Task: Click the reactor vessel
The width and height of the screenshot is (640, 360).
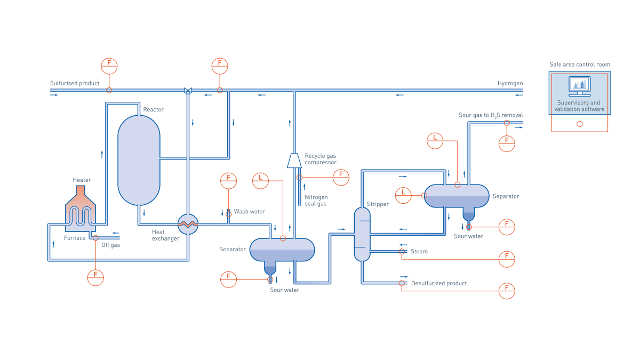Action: click(139, 160)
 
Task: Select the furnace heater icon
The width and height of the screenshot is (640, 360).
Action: click(81, 211)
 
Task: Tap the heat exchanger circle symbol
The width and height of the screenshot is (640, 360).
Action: click(188, 224)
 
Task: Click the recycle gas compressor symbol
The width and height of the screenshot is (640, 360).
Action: click(294, 161)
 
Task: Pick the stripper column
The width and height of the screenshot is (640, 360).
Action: click(362, 234)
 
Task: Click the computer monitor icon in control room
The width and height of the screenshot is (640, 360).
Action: click(580, 85)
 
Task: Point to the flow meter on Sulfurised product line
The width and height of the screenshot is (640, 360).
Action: click(109, 66)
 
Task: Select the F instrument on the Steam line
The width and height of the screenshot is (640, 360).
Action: click(506, 259)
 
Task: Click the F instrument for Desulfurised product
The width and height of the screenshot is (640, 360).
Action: click(506, 291)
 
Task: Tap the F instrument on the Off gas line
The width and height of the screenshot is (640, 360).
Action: click(95, 277)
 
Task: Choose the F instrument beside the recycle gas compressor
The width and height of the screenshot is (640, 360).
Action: click(341, 177)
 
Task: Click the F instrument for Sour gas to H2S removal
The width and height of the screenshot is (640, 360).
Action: click(506, 143)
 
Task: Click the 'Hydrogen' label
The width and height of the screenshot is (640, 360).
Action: click(510, 83)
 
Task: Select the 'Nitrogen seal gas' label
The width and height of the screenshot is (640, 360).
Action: click(316, 200)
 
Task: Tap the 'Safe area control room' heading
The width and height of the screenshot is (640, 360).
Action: click(580, 65)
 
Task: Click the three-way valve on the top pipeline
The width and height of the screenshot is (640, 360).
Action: click(188, 91)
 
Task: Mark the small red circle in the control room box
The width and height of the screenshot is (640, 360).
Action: click(580, 124)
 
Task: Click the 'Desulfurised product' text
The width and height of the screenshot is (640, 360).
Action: click(438, 283)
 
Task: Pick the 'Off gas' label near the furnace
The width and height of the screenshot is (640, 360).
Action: click(111, 245)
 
